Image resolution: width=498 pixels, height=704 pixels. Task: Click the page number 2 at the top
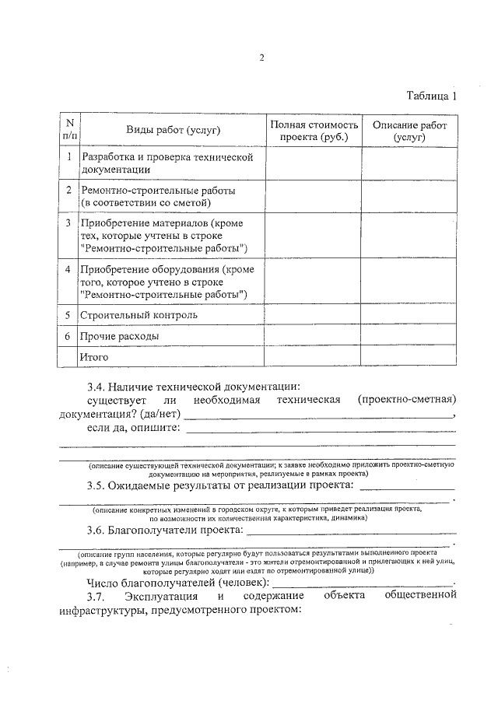(261, 58)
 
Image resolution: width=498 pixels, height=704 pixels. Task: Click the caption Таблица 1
(431, 96)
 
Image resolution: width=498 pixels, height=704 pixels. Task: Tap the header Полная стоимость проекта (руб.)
(313, 130)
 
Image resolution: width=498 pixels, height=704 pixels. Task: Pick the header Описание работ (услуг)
(409, 130)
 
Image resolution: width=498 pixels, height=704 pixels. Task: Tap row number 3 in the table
(68, 223)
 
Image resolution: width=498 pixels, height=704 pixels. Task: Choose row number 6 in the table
(68, 336)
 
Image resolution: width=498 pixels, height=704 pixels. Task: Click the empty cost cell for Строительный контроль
(313, 315)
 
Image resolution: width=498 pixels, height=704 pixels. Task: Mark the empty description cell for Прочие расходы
(409, 336)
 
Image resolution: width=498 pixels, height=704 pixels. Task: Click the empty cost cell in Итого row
(313, 357)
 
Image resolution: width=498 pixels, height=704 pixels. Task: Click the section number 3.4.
(96, 386)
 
